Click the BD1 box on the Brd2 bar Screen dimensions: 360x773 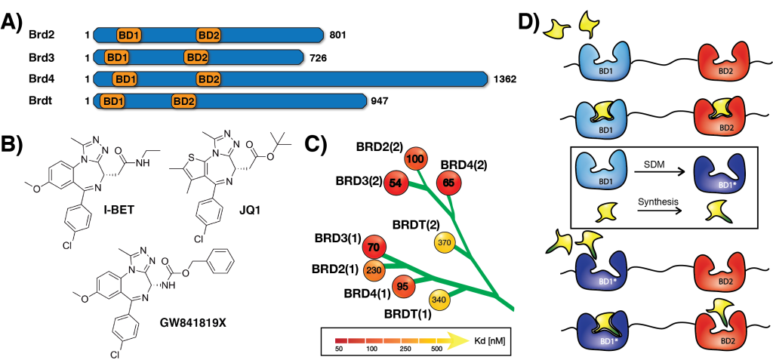click(128, 35)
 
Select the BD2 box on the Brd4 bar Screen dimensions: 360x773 click(208, 78)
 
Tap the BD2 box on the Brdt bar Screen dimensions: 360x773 click(183, 100)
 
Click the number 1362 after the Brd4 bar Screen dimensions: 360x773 click(504, 78)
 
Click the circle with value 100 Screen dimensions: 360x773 click(414, 160)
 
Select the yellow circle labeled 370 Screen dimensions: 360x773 click(445, 242)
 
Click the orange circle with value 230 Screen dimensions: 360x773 click(373, 269)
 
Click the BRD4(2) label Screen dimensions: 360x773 click(463, 164)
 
